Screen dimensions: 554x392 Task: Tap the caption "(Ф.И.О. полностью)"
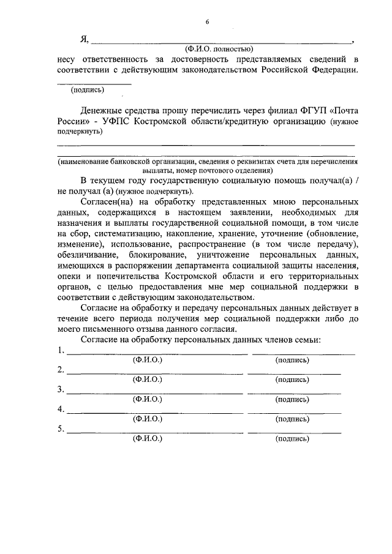tap(219, 49)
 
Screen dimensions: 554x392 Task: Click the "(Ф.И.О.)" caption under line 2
tap(147, 380)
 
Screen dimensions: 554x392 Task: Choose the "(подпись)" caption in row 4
tap(292, 419)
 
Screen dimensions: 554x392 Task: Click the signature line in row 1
tap(303, 354)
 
